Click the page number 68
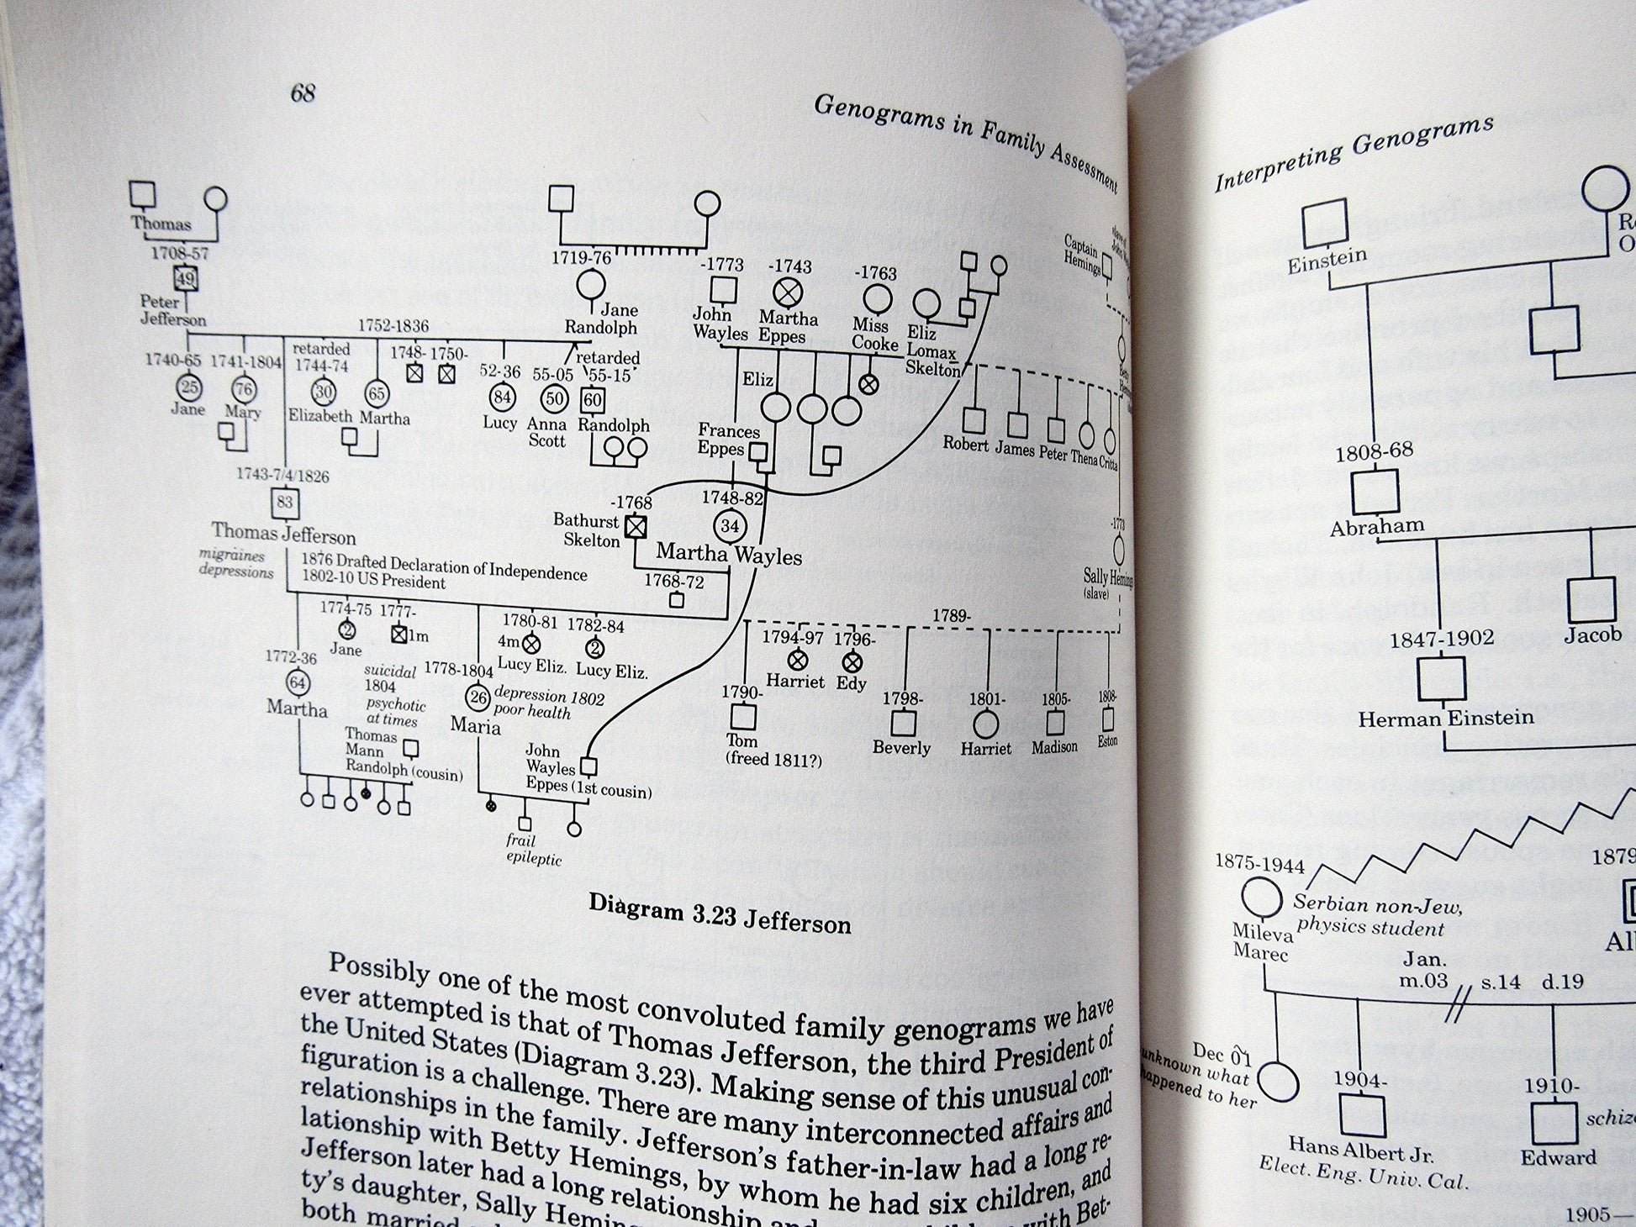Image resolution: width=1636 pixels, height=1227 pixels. click(303, 92)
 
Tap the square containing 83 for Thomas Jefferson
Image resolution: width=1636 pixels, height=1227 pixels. click(284, 503)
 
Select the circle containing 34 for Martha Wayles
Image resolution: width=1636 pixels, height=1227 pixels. click(730, 526)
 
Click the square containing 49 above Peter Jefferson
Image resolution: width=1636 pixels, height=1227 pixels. click(185, 279)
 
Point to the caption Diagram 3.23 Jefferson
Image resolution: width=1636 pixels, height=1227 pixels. click(719, 913)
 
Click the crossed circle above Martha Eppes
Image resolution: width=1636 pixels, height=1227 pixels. click(788, 292)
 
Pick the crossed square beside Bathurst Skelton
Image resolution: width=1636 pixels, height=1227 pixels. click(636, 526)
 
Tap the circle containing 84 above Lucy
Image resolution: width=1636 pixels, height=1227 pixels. click(502, 397)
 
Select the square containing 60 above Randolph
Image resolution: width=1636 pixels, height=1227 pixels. click(593, 400)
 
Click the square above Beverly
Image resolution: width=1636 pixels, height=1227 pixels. click(903, 722)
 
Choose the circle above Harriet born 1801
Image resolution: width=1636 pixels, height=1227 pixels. click(985, 724)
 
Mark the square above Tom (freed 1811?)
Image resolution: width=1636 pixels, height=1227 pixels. click(742, 717)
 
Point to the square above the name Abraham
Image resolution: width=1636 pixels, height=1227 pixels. click(1375, 491)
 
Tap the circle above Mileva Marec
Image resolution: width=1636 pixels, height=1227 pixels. click(1261, 896)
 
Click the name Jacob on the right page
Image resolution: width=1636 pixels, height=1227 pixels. click(1592, 635)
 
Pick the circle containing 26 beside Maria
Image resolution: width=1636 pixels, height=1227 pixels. click(478, 697)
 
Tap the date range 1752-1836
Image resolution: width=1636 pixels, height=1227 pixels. click(393, 326)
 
